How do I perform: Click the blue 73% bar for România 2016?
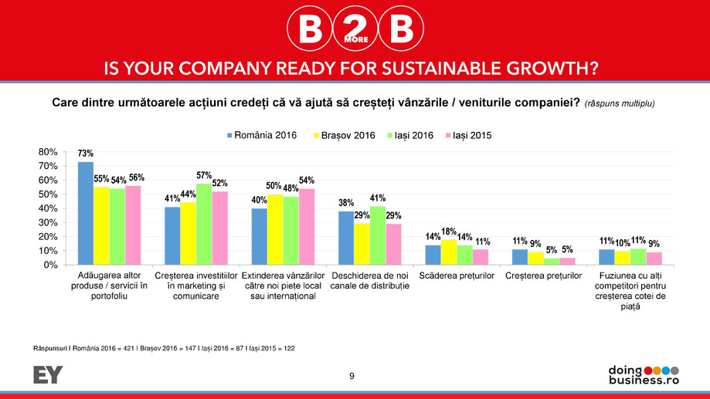coord(86,213)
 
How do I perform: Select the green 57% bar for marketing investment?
coord(204,224)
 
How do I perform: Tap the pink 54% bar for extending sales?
coord(307,226)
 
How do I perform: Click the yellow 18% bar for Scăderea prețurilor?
coord(449,252)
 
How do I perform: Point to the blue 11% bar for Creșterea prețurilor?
coord(520,257)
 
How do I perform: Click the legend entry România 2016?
coord(262,135)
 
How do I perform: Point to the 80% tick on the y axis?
coord(48,152)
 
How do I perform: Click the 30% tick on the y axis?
coord(48,223)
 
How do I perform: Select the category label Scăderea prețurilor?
coord(456,276)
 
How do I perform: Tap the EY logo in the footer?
coord(48,375)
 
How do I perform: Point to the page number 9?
coord(352,376)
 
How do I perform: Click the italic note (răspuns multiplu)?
coord(620,103)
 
